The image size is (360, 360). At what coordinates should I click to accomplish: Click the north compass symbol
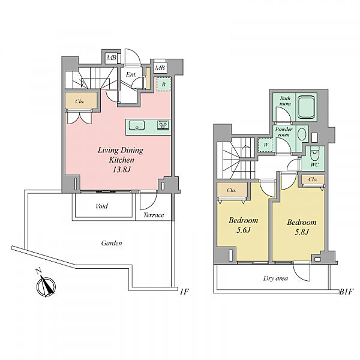pyautogui.click(x=46, y=286)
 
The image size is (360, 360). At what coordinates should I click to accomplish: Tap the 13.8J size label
pyautogui.click(x=121, y=170)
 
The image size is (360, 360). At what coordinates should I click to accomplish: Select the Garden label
pyautogui.click(x=112, y=243)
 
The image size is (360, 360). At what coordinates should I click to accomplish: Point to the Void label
pyautogui.click(x=102, y=206)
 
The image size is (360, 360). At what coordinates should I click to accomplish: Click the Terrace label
pyautogui.click(x=154, y=215)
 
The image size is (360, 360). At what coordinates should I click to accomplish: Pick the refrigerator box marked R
pyautogui.click(x=163, y=84)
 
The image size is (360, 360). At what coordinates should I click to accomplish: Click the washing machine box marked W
pyautogui.click(x=265, y=145)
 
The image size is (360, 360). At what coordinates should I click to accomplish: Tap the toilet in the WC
pyautogui.click(x=314, y=155)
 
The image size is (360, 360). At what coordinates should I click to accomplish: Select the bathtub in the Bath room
pyautogui.click(x=306, y=107)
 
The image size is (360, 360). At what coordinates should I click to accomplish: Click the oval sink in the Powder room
pyautogui.click(x=302, y=134)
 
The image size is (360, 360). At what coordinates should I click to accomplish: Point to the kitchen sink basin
pyautogui.click(x=137, y=125)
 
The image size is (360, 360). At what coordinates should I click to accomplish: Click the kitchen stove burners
pyautogui.click(x=163, y=125)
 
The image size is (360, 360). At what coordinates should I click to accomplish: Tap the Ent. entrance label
pyautogui.click(x=131, y=74)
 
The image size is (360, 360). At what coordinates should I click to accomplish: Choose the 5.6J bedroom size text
pyautogui.click(x=244, y=230)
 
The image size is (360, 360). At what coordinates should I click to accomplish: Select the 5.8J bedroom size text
pyautogui.click(x=301, y=232)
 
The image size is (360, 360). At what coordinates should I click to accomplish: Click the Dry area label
pyautogui.click(x=275, y=278)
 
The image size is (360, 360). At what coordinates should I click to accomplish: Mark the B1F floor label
pyautogui.click(x=346, y=292)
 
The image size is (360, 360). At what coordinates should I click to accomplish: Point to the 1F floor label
pyautogui.click(x=184, y=292)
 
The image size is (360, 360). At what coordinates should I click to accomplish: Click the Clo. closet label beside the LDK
pyautogui.click(x=80, y=101)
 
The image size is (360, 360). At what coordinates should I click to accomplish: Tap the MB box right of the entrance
pyautogui.click(x=160, y=68)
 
